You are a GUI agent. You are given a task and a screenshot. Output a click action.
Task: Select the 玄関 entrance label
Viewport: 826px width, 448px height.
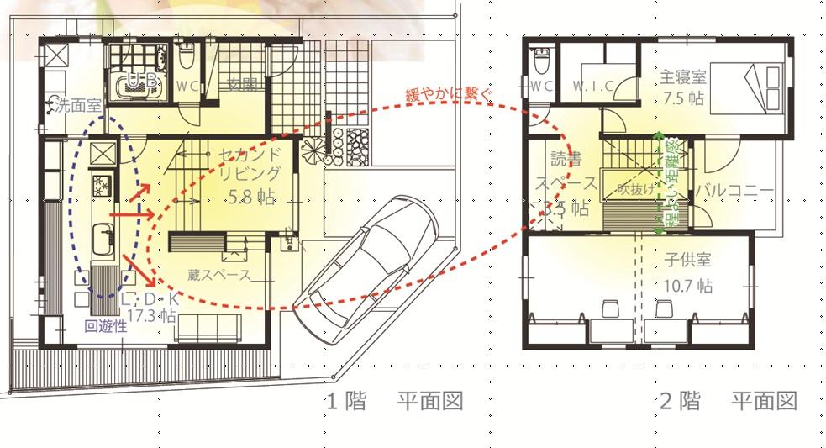(x=245, y=83)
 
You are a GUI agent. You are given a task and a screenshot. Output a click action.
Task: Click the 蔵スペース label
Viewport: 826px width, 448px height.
(x=220, y=275)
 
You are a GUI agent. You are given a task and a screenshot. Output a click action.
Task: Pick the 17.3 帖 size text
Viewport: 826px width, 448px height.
(x=152, y=317)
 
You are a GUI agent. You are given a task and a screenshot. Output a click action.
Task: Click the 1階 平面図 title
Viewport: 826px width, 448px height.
(x=392, y=402)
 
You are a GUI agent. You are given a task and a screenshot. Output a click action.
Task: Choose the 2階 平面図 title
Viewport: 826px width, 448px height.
(x=727, y=402)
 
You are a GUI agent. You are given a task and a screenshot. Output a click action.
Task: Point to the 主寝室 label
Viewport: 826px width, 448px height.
(x=683, y=76)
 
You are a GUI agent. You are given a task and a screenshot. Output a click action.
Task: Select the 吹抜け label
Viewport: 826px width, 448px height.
(x=636, y=189)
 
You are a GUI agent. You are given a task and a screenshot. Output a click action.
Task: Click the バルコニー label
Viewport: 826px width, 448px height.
(x=733, y=191)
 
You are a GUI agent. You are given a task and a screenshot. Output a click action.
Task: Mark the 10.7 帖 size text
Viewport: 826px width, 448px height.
(x=686, y=286)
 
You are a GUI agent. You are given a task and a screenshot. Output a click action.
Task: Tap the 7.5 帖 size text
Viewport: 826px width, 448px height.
(x=682, y=98)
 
